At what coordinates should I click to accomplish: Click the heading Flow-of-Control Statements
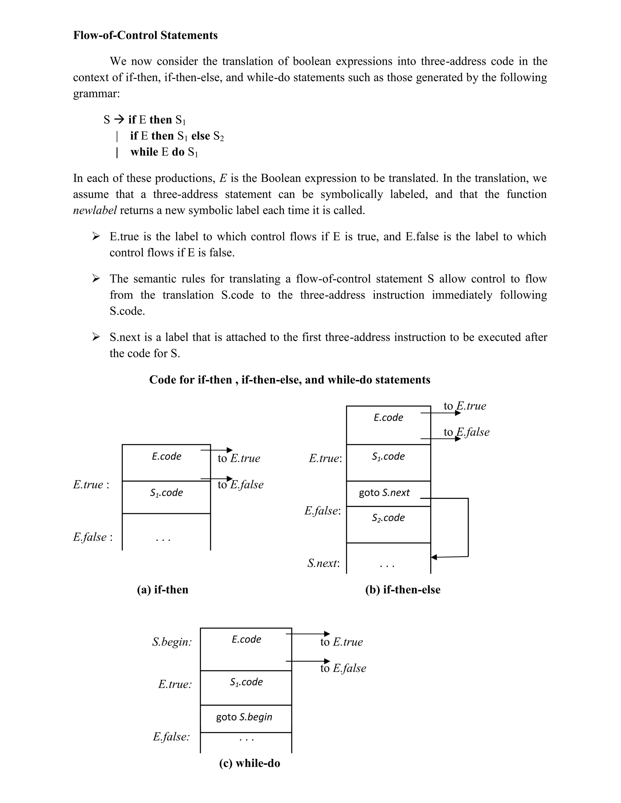pos(145,35)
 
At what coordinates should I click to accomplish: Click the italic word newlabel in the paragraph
pos(95,210)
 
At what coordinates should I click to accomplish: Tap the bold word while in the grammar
pos(144,152)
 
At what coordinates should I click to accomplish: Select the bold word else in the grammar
pos(200,136)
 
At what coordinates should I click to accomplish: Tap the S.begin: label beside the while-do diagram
pos(172,642)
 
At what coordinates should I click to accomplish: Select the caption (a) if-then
pos(163,590)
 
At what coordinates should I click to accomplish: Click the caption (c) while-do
pos(250,763)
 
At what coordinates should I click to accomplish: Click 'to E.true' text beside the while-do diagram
pos(341,642)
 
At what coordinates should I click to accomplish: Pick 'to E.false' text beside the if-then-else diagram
pos(466,432)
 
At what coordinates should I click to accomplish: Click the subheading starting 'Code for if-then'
pos(290,379)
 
